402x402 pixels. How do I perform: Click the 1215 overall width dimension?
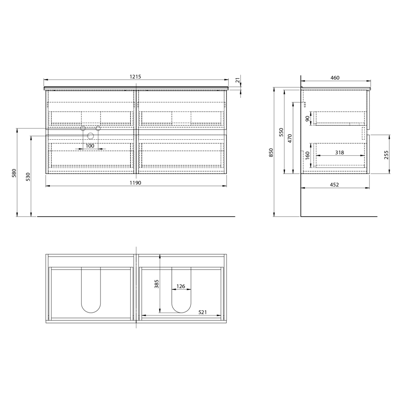pyautogui.click(x=135, y=77)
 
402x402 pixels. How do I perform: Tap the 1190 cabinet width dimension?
pyautogui.click(x=135, y=183)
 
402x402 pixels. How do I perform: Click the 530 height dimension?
pyautogui.click(x=28, y=176)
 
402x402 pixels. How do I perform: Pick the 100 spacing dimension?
pyautogui.click(x=90, y=146)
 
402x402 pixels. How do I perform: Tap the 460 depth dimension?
pyautogui.click(x=334, y=78)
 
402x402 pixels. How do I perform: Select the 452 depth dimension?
pyautogui.click(x=334, y=185)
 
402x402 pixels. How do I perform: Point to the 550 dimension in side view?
pyautogui.click(x=281, y=132)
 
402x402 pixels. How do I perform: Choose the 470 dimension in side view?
pyautogui.click(x=290, y=138)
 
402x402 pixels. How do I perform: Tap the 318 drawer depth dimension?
pyautogui.click(x=340, y=152)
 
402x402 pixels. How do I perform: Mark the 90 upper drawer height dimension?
pyautogui.click(x=307, y=118)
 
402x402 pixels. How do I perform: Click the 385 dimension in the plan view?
pyautogui.click(x=157, y=284)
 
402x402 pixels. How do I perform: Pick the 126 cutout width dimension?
pyautogui.click(x=181, y=286)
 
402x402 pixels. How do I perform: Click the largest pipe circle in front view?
pyautogui.click(x=91, y=136)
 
